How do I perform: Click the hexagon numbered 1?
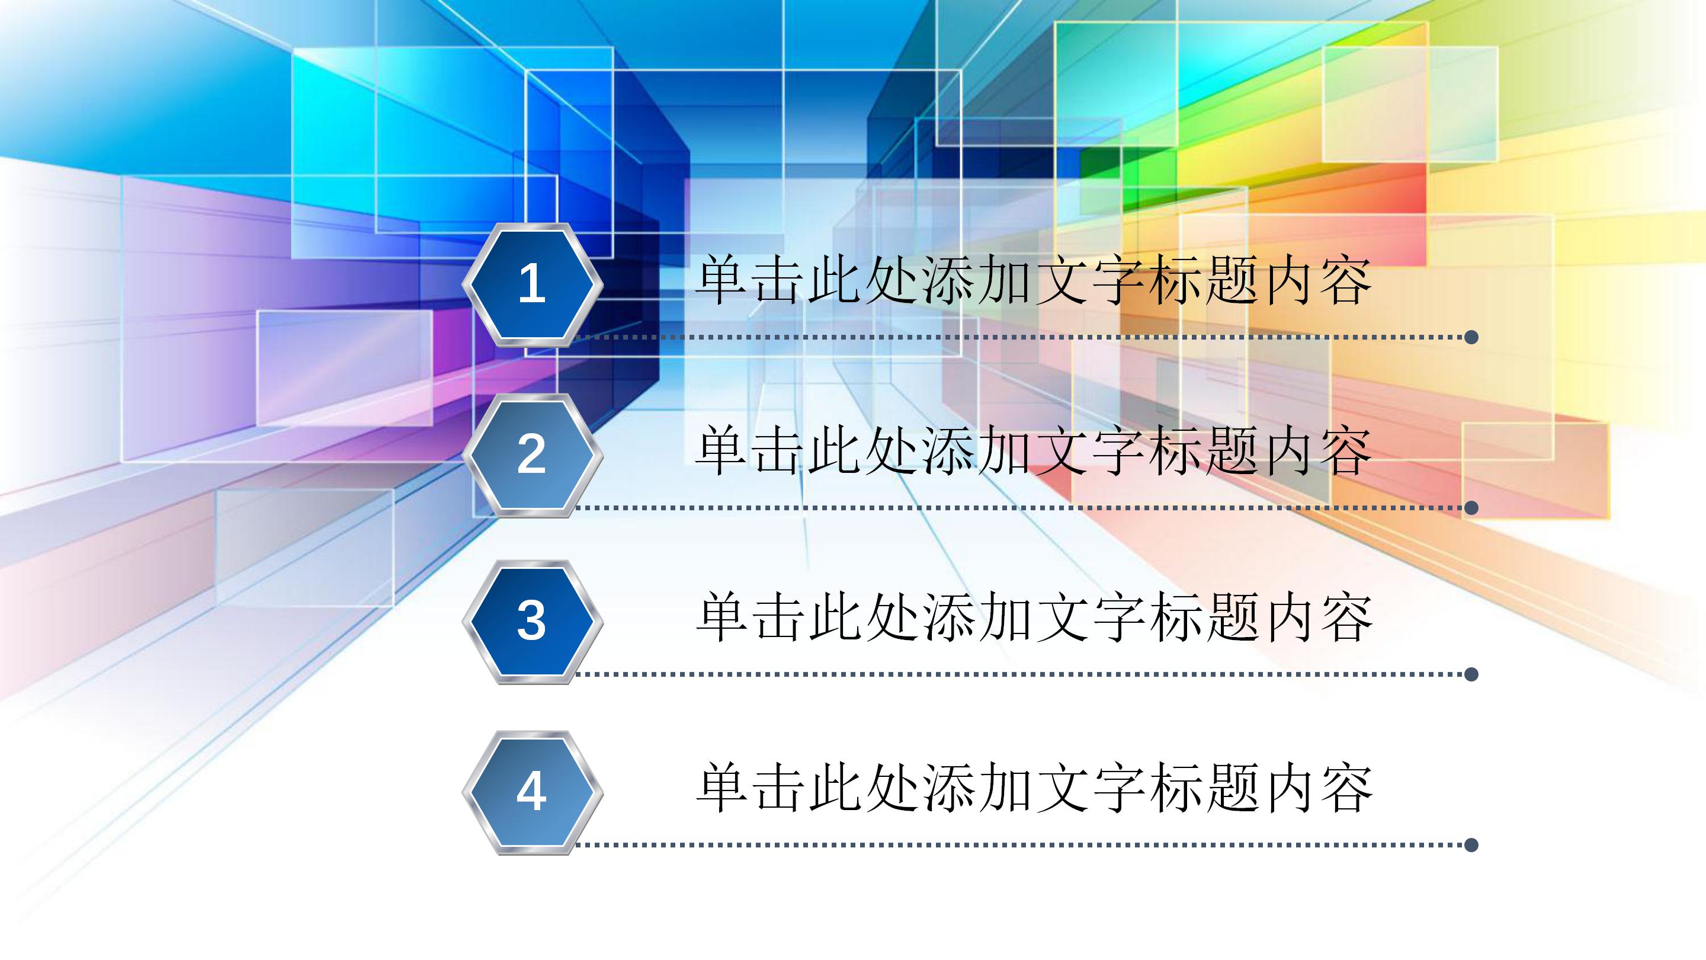point(532,285)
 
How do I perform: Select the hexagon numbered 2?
point(532,455)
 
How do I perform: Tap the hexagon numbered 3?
point(532,622)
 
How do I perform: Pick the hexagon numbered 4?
point(532,792)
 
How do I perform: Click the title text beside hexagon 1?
point(1033,281)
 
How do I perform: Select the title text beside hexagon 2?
point(1033,452)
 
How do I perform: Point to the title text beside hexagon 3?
point(1033,618)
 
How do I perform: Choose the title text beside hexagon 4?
point(1033,788)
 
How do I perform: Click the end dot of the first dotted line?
point(1471,337)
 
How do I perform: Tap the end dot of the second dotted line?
point(1471,508)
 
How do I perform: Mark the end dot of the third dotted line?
point(1471,674)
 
